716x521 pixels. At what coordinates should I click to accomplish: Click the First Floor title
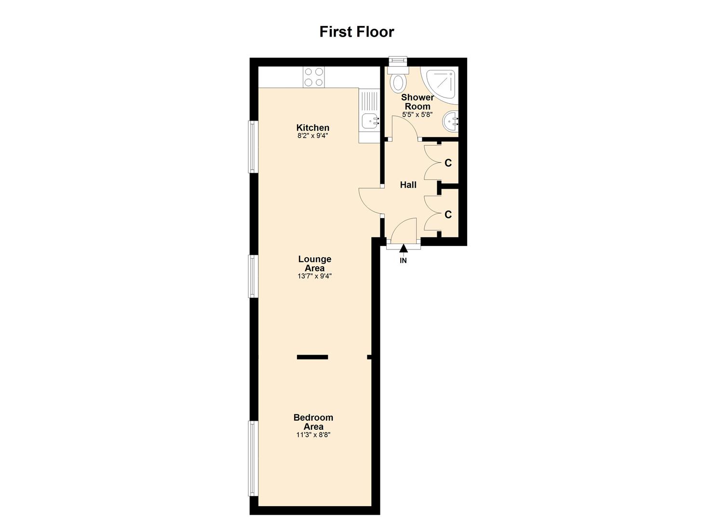tap(357, 32)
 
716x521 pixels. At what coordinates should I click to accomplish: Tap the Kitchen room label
tap(313, 127)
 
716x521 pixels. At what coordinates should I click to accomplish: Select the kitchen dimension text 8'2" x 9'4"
tap(313, 136)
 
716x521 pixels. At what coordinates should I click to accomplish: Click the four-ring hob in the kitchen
tap(313, 77)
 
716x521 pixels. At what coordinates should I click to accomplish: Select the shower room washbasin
tap(452, 121)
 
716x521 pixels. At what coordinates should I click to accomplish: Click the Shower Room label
tap(418, 102)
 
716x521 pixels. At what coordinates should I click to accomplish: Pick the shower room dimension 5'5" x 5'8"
tap(418, 115)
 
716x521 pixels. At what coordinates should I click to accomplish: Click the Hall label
tap(408, 185)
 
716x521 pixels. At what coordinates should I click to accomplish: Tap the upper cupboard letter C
tap(448, 163)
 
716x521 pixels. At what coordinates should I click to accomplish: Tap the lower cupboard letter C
tap(448, 215)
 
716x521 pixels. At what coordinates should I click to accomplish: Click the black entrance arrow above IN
tap(403, 248)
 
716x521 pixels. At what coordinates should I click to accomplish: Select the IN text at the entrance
tap(403, 261)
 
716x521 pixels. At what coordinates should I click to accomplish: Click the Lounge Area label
tap(314, 263)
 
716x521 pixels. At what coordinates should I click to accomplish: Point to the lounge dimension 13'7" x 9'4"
tap(314, 276)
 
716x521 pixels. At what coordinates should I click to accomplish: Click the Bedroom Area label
tap(313, 422)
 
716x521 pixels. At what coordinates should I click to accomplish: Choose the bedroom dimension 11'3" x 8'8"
tap(313, 435)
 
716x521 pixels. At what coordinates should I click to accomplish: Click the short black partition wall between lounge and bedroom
tap(312, 357)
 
